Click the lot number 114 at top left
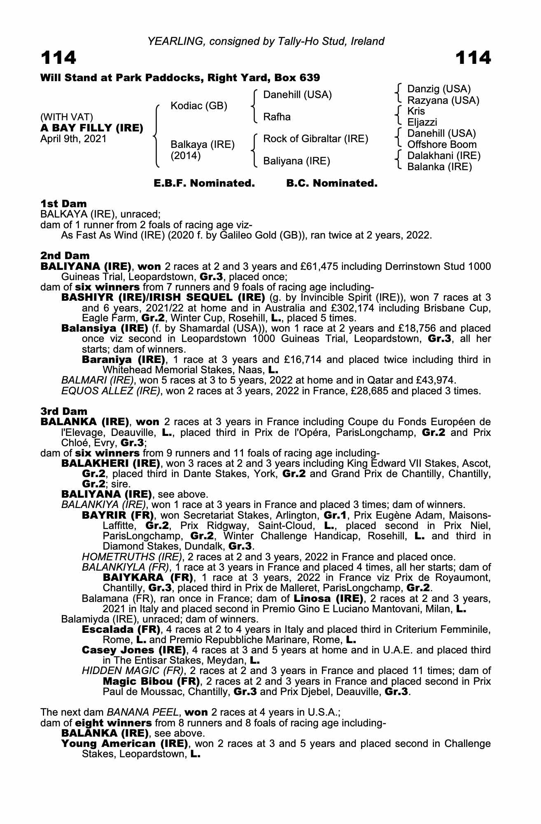point(58,58)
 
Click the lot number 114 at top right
point(473,58)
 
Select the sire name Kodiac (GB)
point(199,106)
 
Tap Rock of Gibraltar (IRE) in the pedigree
point(315,139)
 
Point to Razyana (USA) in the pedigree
point(443,100)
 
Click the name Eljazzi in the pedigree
point(422,122)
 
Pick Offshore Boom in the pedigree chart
point(442,145)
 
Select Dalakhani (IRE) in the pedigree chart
point(444,156)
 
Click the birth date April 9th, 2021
point(73,139)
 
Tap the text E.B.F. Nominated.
point(204,183)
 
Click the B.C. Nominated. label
point(332,183)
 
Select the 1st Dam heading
point(63,204)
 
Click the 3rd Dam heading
point(64,411)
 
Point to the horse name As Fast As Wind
point(95,236)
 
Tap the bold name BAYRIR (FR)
point(118,515)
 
